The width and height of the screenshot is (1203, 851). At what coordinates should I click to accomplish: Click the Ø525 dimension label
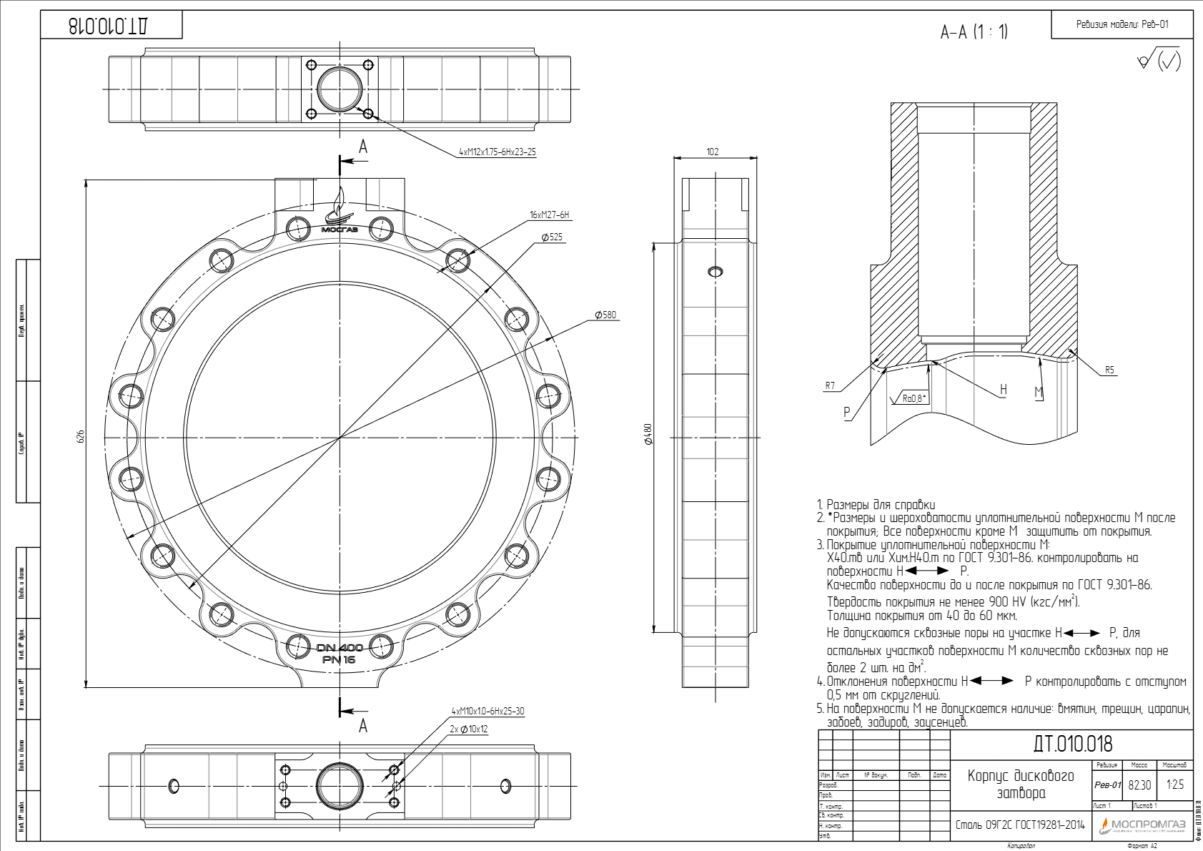[x=552, y=237]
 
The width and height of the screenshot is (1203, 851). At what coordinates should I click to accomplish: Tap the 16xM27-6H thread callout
[x=549, y=215]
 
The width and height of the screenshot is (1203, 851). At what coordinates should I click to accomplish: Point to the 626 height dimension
[x=80, y=436]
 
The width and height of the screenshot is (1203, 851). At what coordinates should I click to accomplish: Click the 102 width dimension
[x=713, y=152]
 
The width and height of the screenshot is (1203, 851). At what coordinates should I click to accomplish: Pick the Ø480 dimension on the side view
[x=648, y=434]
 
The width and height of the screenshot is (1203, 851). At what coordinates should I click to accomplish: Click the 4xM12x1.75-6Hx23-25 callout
[x=497, y=152]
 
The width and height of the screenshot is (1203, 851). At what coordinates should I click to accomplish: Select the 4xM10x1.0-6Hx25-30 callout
[x=487, y=711]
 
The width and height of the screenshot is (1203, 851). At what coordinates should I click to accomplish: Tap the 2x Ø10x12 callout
[x=469, y=729]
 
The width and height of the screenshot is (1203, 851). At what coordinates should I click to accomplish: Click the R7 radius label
[x=830, y=385]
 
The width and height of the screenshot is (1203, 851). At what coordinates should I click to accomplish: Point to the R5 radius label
[x=1109, y=370]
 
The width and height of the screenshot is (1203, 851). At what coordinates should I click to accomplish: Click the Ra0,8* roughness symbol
[x=911, y=398]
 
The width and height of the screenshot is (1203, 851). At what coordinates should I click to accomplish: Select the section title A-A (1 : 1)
[x=974, y=31]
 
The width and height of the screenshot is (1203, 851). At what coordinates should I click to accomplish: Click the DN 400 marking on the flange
[x=340, y=648]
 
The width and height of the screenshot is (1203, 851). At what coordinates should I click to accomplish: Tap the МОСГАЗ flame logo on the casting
[x=340, y=213]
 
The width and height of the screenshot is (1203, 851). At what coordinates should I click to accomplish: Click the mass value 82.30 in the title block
[x=1139, y=785]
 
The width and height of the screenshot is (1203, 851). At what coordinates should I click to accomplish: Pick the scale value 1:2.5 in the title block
[x=1175, y=784]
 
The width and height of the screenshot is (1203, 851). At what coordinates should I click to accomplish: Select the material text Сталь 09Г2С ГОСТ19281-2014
[x=1020, y=825]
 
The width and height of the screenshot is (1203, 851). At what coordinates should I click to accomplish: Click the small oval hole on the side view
[x=715, y=271]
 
